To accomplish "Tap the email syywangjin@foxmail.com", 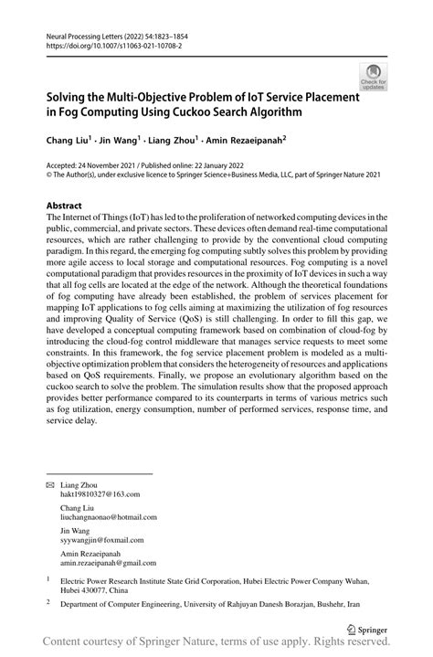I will [102, 541].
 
